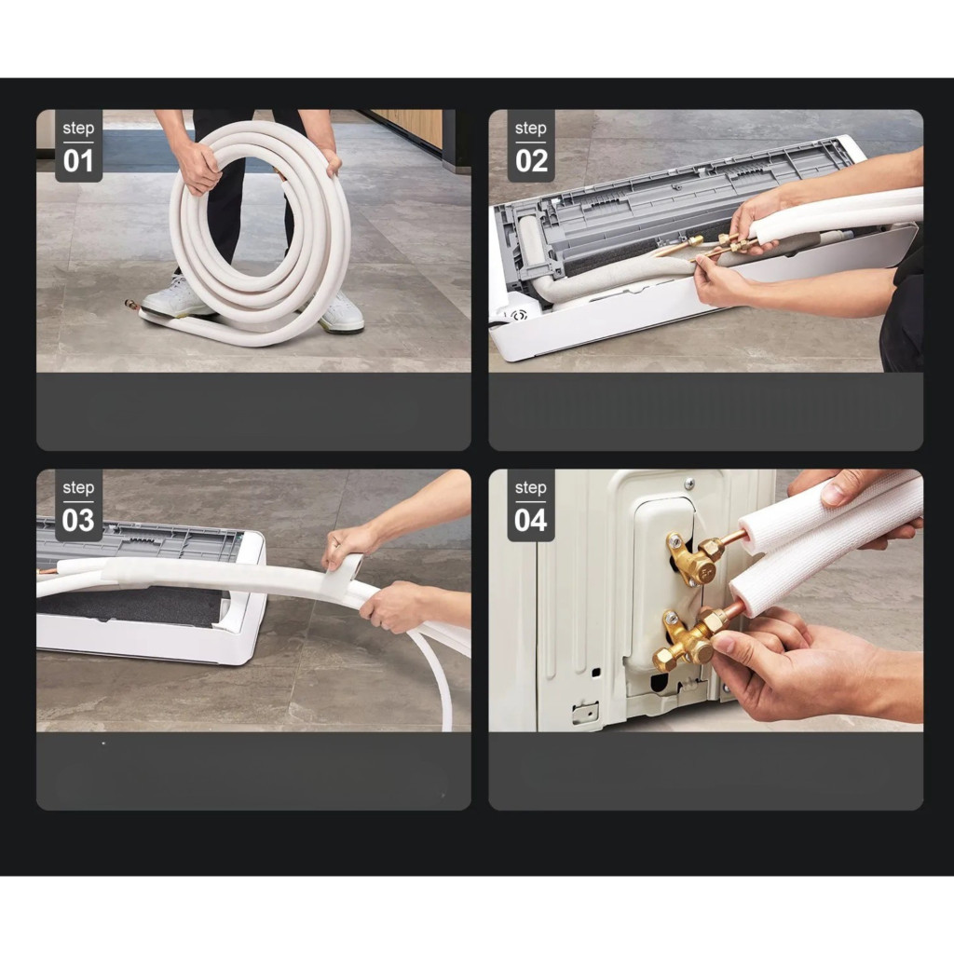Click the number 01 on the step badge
click(x=78, y=161)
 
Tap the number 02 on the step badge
click(x=531, y=161)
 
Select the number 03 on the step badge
click(x=78, y=520)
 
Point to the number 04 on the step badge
click(x=530, y=520)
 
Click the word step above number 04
click(x=530, y=488)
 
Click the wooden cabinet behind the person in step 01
click(x=407, y=127)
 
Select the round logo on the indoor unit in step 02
click(x=518, y=315)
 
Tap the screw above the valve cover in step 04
click(x=688, y=484)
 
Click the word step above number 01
click(x=78, y=129)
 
